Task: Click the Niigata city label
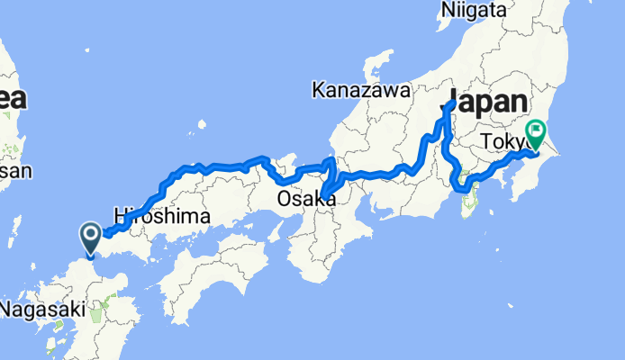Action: [x=474, y=11]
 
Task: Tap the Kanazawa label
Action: [x=360, y=90]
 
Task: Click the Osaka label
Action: [x=307, y=199]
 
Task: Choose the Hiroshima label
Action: [x=162, y=217]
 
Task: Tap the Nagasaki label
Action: [x=43, y=310]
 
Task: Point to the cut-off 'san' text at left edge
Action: [x=15, y=171]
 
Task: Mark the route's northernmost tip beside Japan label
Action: [x=449, y=103]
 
